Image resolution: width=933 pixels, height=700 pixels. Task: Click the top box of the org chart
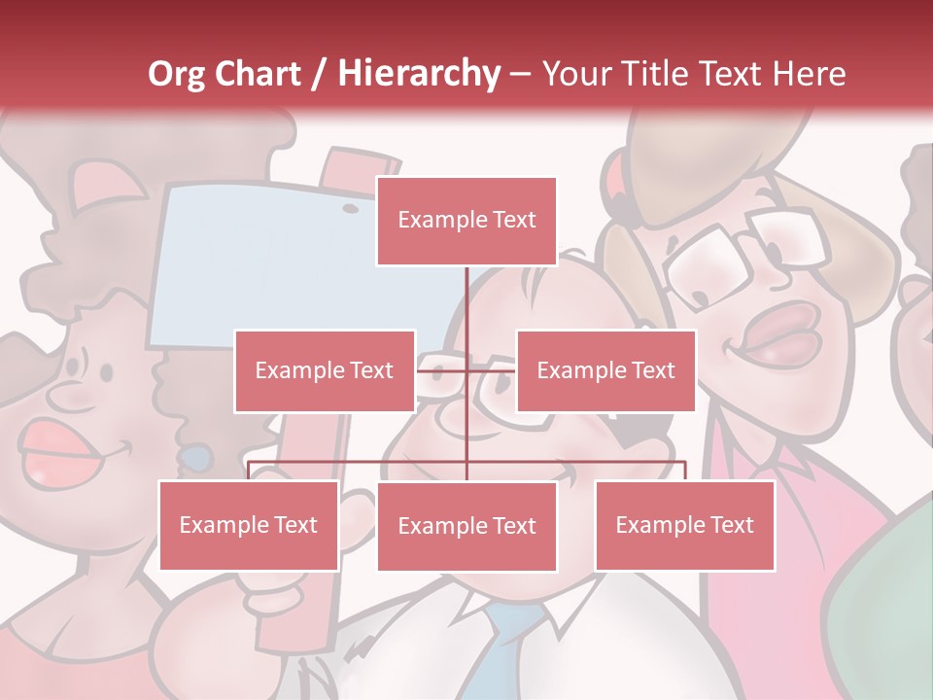[x=466, y=221]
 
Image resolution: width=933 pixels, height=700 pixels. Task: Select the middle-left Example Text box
[x=325, y=370]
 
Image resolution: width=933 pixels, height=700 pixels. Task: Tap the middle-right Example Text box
[x=605, y=370]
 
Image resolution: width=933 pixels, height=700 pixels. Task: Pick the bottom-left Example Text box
[x=249, y=525]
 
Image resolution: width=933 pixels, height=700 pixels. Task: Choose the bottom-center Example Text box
[x=466, y=526]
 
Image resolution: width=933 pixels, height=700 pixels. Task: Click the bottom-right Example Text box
[x=684, y=525]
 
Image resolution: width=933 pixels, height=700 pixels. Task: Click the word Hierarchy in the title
[x=418, y=74]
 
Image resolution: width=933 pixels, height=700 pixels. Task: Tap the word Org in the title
[x=178, y=74]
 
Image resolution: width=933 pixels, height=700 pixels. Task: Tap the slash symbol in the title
[x=317, y=74]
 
